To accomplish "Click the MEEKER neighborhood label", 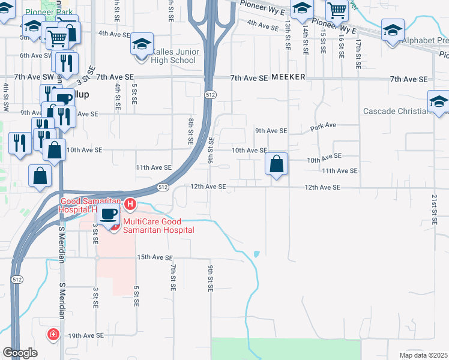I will (x=288, y=77).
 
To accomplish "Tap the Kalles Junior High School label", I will (x=173, y=56).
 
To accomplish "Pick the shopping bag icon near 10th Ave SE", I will (x=276, y=163).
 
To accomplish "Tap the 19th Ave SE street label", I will (x=86, y=335).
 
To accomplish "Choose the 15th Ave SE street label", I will (x=154, y=257).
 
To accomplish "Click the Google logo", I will (x=20, y=353).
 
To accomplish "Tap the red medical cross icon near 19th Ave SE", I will (x=53, y=333).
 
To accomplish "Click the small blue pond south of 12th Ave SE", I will (x=257, y=254).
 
